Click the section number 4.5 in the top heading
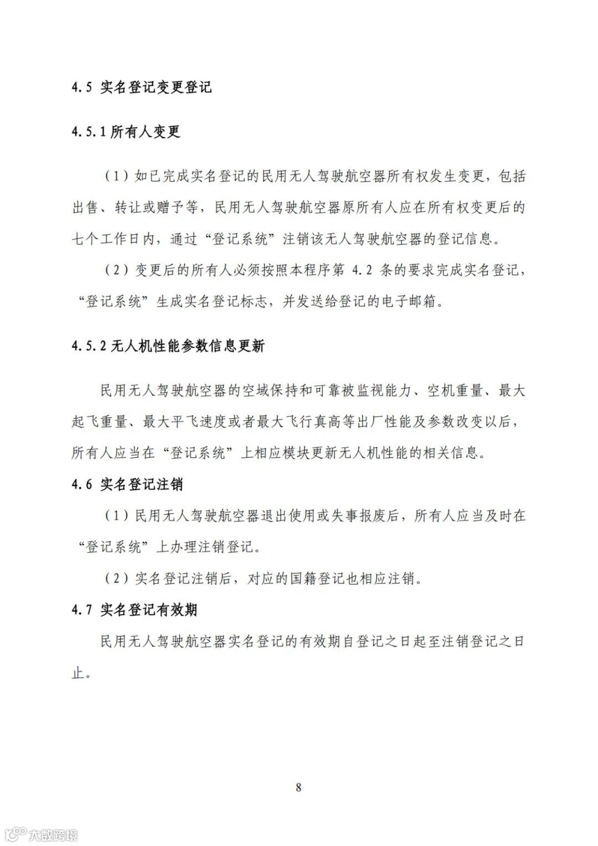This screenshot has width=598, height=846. coord(81,88)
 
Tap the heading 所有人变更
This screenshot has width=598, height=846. coord(145,132)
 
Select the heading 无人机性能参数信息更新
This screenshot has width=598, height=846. coord(188,346)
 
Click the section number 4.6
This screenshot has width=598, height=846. coord(81,485)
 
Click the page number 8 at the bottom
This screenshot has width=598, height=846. coord(298,787)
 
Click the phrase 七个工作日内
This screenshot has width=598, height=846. coord(114,239)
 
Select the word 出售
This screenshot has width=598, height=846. coord(85,208)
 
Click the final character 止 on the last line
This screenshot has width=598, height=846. coord(78,673)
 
